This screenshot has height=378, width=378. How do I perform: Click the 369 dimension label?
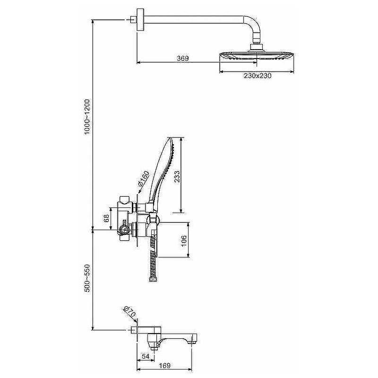point(183,58)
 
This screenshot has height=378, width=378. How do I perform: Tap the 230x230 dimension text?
point(258,76)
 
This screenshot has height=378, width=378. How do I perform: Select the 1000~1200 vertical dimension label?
point(87,117)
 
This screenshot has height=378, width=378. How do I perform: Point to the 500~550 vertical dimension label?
point(87,278)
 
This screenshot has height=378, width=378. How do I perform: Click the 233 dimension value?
point(177,176)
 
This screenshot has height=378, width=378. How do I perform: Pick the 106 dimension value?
point(184,240)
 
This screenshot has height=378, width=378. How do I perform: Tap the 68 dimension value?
point(106,218)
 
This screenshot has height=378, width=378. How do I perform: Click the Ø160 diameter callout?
point(144,179)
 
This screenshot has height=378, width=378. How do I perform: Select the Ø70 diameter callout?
point(129,312)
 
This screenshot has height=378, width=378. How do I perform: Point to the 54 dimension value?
point(146,356)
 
